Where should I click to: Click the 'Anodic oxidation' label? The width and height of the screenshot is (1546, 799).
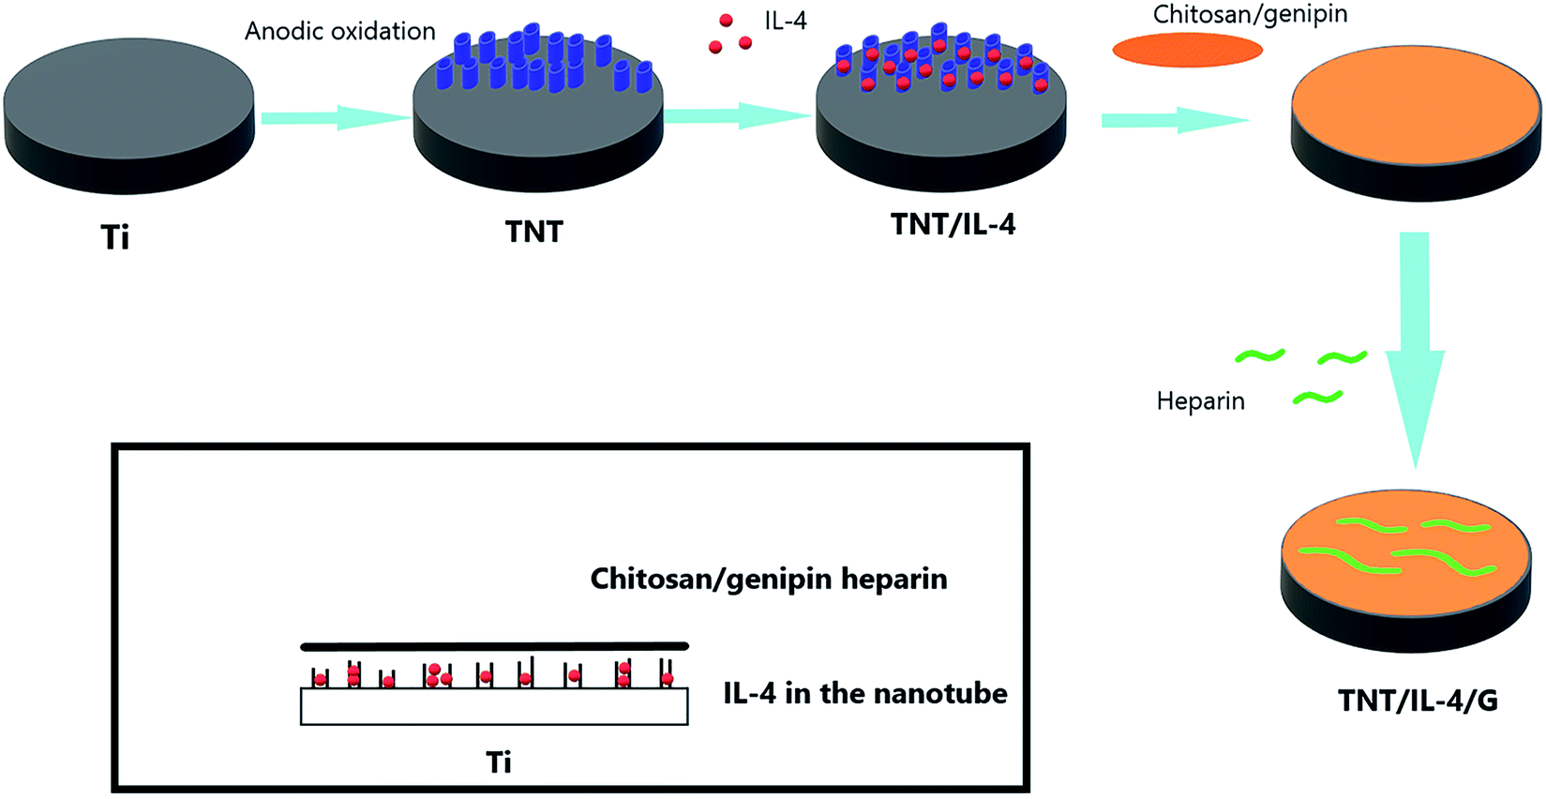(340, 32)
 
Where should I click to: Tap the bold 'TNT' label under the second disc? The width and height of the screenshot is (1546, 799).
(534, 232)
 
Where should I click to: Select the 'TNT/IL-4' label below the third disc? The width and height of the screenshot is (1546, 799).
(953, 224)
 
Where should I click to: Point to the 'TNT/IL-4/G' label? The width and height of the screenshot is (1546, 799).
(1418, 701)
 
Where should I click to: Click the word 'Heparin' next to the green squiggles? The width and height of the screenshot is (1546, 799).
(1201, 401)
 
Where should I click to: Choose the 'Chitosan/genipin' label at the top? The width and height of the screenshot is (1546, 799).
(1250, 14)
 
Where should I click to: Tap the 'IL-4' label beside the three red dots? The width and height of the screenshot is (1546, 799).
(786, 22)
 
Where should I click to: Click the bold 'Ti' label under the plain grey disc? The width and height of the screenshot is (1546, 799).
(115, 237)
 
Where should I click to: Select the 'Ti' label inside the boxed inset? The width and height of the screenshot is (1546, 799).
(499, 762)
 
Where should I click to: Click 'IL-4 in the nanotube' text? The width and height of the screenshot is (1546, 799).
(865, 693)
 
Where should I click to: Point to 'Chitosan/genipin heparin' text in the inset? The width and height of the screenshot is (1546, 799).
(769, 579)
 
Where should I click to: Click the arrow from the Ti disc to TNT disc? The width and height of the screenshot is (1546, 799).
(337, 118)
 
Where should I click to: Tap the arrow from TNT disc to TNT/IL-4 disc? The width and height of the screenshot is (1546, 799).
(737, 115)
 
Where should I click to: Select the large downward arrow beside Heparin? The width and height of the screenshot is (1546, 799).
(1415, 351)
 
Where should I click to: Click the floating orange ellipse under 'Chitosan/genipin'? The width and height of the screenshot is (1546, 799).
(1187, 50)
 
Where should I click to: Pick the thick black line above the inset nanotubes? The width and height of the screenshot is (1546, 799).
(495, 646)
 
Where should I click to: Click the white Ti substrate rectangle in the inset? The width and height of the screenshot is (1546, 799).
(494, 706)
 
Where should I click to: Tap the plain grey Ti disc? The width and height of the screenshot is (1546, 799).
(129, 116)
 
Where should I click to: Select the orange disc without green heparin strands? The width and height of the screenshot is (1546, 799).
(1417, 124)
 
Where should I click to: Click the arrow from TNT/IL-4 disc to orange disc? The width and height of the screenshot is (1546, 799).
(1176, 120)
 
